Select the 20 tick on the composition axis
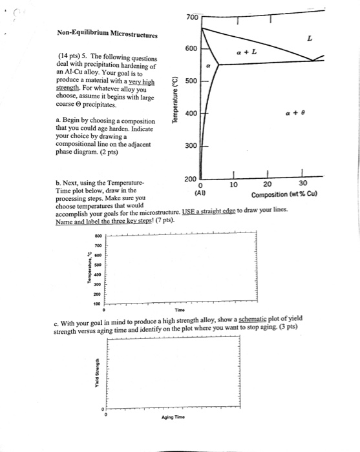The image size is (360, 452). pos(268,185)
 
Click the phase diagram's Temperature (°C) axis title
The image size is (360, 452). pos(176,103)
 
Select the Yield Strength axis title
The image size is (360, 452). pos(98,371)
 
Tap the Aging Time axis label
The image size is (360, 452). pos(174,418)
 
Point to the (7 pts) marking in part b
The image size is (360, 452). pos(162,220)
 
